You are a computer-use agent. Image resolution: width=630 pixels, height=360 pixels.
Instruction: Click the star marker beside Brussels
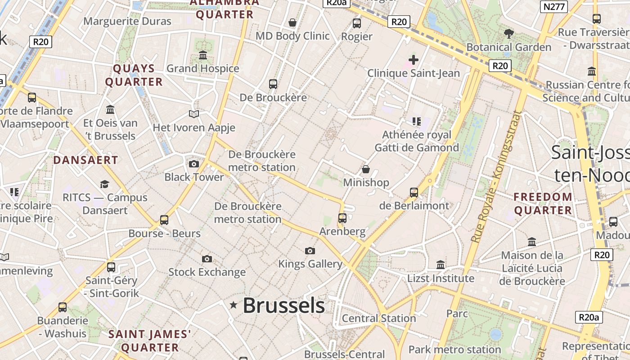[x=234, y=305]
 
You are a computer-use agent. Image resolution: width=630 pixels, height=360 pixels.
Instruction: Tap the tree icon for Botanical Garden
[x=508, y=33]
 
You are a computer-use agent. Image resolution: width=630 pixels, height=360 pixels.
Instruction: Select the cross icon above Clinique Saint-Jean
[x=413, y=59]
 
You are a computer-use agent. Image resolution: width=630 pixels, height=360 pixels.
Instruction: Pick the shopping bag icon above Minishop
[x=366, y=169]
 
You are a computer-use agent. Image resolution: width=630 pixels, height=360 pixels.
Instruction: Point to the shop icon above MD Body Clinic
[x=292, y=22]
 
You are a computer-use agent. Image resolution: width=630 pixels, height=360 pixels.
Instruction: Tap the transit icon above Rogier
[x=357, y=23]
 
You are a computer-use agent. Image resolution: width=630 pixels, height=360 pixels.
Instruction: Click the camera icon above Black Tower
[x=194, y=164]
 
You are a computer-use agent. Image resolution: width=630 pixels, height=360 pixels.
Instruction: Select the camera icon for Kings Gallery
[x=310, y=251]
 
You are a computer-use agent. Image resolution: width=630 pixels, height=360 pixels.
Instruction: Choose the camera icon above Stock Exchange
[x=207, y=259]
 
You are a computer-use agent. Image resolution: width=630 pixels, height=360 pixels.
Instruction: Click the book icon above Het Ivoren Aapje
[x=194, y=114]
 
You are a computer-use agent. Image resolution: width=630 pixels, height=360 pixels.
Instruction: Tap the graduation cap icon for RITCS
[x=105, y=184]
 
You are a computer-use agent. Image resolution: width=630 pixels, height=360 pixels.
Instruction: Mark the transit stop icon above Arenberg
[x=342, y=218]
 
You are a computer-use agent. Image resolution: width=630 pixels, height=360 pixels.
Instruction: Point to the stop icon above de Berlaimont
[x=414, y=193]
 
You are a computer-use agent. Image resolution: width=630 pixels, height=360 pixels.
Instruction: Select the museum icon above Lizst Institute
[x=441, y=265]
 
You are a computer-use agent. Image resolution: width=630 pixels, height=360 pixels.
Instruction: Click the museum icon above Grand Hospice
[x=203, y=55]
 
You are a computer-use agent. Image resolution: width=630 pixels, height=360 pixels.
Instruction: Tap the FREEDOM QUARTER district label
[x=543, y=203]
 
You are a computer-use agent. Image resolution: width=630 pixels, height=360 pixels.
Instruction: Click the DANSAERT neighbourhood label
[x=85, y=160]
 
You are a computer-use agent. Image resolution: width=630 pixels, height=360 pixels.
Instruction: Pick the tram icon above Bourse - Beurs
[x=164, y=220]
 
